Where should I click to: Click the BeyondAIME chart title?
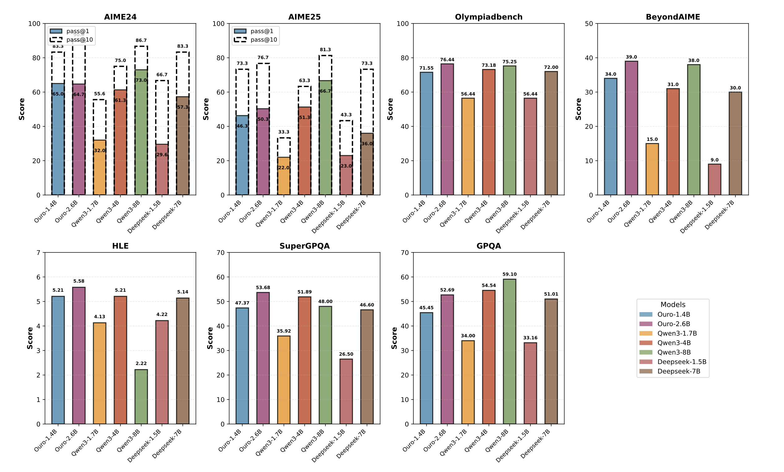tap(673, 17)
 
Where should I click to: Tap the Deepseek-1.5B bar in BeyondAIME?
tap(714, 179)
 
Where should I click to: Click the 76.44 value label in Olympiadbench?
tap(447, 60)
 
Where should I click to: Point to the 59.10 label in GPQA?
tap(509, 274)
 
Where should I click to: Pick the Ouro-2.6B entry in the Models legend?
tap(673, 324)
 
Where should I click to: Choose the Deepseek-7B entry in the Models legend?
tap(678, 371)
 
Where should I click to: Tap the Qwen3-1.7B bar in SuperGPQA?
tap(284, 380)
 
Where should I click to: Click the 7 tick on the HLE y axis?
tap(38, 252)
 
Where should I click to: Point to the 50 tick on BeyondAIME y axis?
tap(589, 24)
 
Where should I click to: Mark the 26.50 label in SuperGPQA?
tap(346, 354)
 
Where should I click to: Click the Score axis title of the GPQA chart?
tap(394, 338)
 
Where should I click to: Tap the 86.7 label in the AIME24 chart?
tap(141, 40)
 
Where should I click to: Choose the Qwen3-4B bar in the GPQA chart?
tap(488, 357)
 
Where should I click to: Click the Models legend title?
tap(673, 304)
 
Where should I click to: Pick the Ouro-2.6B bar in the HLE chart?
tap(79, 355)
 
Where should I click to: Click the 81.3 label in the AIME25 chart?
tap(325, 50)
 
